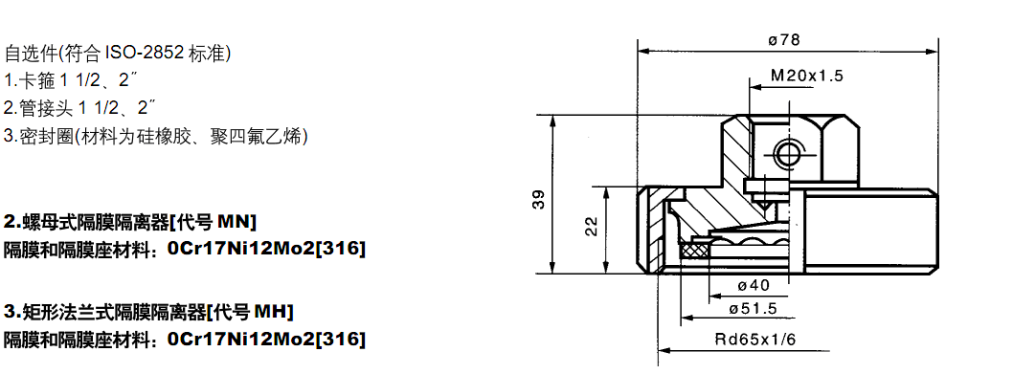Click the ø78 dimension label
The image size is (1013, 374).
tap(784, 40)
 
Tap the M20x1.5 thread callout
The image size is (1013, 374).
tap(807, 76)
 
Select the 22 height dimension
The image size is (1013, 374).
tap(591, 226)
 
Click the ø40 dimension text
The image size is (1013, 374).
tap(753, 285)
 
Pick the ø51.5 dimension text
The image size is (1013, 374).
tap(753, 308)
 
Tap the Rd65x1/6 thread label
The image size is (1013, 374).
tap(755, 340)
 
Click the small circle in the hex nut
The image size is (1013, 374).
tap(786, 153)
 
